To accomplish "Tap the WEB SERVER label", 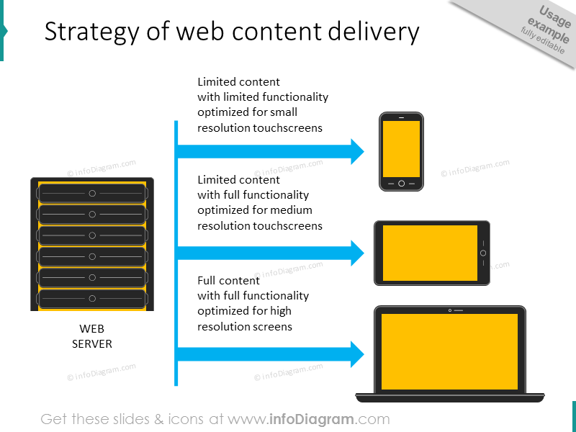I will pos(92,336).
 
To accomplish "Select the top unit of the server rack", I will pos(92,193).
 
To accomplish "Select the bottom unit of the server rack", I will pos(92,298).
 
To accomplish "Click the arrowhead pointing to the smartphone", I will pos(357,152).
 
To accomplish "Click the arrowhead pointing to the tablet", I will pos(357,253).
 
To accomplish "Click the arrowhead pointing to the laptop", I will pos(357,354).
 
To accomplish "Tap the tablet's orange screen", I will pos(430,253).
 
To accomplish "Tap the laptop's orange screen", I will pos(449,351).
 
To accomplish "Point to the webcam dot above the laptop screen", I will pos(450,310).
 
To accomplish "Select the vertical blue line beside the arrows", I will pos(176,253).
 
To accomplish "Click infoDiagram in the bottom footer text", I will pos(312,419).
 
